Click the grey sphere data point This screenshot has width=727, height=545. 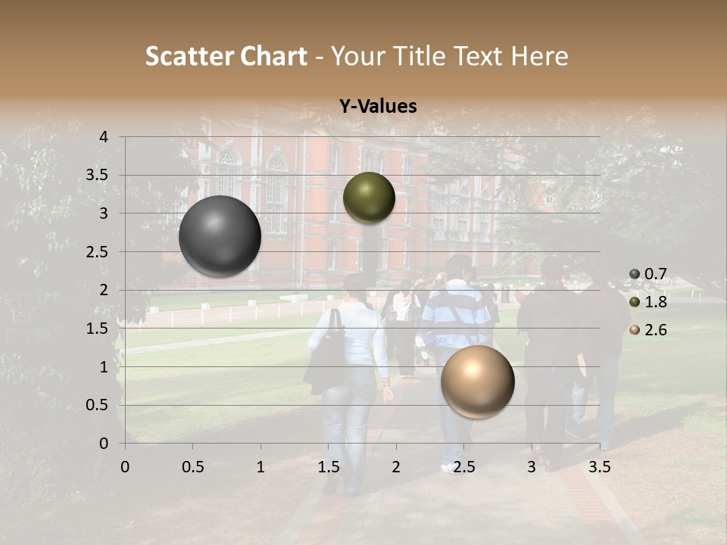(x=220, y=236)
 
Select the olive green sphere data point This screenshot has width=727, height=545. (x=369, y=198)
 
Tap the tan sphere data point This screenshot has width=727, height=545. (x=477, y=381)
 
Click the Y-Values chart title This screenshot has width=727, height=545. (x=378, y=107)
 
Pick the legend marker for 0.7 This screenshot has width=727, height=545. (x=635, y=273)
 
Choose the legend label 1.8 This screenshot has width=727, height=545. (x=656, y=302)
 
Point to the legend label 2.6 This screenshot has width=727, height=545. (x=656, y=330)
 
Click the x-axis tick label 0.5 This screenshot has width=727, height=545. (x=193, y=467)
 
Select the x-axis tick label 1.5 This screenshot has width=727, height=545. (x=329, y=467)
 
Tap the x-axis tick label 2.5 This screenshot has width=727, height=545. (x=464, y=467)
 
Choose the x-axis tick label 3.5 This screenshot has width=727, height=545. (x=600, y=467)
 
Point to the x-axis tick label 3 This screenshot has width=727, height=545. (x=532, y=467)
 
